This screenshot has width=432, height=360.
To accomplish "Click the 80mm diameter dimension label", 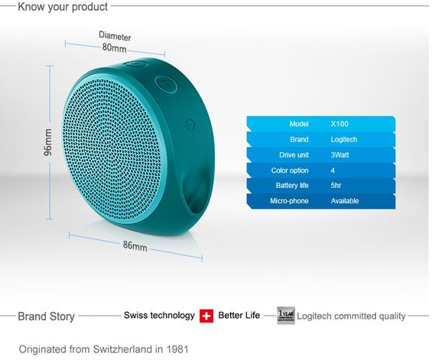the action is [x=115, y=48].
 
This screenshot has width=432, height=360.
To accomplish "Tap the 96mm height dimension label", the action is [x=48, y=142].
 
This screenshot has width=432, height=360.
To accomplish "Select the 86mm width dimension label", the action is [x=135, y=245].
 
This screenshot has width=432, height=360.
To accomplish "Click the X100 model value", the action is [x=339, y=124].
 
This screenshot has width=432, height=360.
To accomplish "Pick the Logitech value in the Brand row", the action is [x=344, y=139].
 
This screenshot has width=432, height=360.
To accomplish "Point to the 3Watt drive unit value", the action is [x=339, y=155].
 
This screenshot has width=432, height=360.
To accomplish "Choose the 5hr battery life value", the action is [x=336, y=186].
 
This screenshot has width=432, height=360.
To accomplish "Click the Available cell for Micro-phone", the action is [x=345, y=201].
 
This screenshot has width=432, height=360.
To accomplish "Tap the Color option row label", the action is [x=290, y=170].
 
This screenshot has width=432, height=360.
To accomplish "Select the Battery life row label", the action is [x=292, y=186].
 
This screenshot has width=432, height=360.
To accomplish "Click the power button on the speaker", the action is [x=190, y=125].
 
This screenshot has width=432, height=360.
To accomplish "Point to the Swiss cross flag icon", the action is [x=206, y=316].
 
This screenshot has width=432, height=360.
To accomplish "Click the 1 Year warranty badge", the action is [x=286, y=316].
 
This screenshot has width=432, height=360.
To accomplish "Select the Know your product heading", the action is [x=63, y=7].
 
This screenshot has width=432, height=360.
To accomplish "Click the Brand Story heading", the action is [x=46, y=316].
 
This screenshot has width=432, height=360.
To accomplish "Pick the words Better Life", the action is [x=239, y=316].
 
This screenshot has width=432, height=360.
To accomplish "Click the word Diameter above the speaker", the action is [x=115, y=36].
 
